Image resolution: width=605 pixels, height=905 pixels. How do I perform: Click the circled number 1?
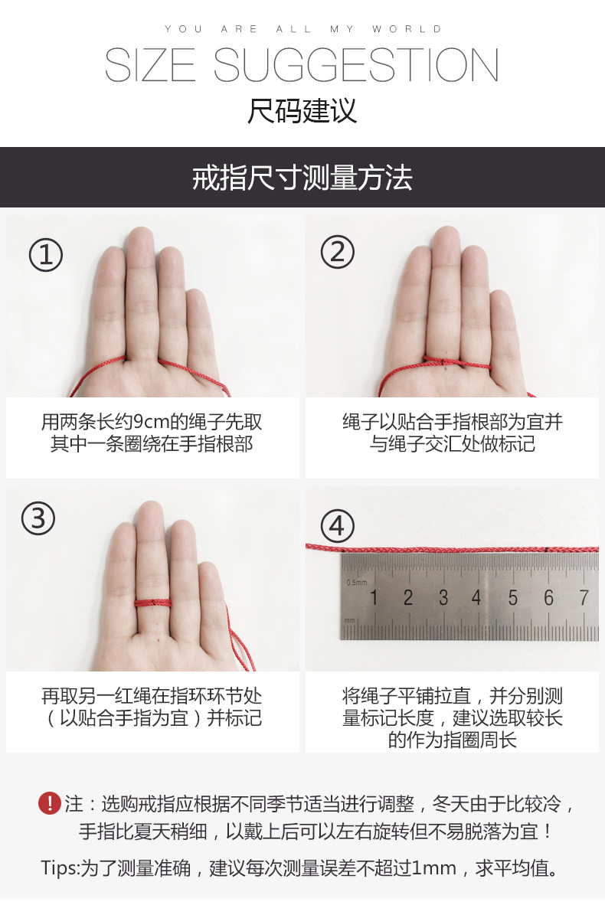point(46,255)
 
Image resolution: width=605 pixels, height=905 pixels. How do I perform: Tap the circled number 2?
point(337,252)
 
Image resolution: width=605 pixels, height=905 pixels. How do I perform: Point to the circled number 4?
point(337,526)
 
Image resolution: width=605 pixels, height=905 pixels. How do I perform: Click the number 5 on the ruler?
point(512,598)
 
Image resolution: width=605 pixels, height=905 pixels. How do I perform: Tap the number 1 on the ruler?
point(374,597)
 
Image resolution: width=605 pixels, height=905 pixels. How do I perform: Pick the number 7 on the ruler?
point(584,597)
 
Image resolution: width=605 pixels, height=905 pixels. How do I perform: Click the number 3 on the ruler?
point(443,597)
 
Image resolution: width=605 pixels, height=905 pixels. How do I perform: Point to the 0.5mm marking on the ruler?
point(357,583)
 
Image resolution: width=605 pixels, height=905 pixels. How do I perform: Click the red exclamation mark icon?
point(50,803)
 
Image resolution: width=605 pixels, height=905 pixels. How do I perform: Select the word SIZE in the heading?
point(150,65)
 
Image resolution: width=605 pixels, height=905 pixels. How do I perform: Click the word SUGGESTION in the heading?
point(356,65)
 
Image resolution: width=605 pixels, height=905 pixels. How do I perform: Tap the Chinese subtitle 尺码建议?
point(302,111)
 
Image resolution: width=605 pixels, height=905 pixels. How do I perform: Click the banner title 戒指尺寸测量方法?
point(302,178)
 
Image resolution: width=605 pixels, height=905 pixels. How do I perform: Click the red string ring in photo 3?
point(153,604)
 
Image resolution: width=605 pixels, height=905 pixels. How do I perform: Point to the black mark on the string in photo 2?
point(440,362)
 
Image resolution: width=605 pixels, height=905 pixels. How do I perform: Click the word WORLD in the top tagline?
point(407,29)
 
